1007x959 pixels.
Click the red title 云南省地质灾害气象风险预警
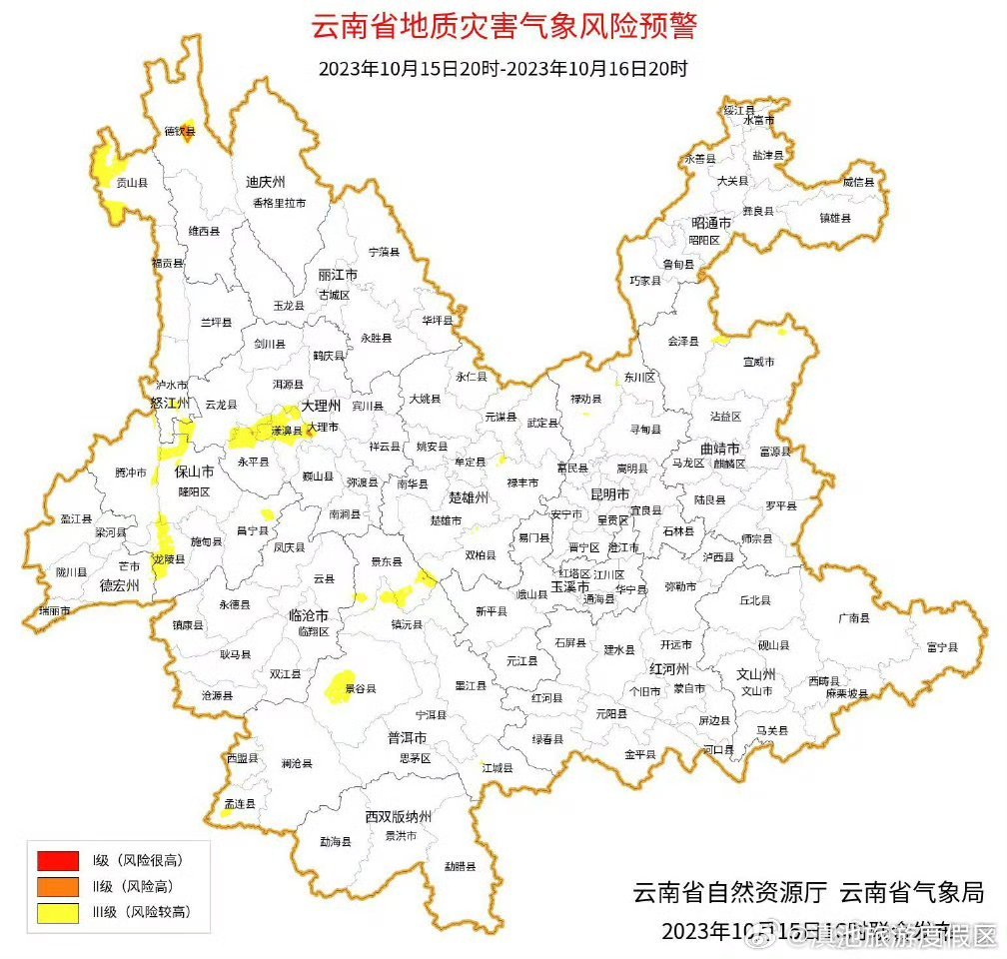(503, 27)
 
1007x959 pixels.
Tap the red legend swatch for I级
(57, 860)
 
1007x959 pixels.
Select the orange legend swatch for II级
(57, 886)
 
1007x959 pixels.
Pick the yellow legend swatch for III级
(57, 912)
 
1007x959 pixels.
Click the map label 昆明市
(609, 494)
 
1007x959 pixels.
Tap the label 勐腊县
(460, 866)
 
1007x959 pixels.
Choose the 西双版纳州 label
(398, 817)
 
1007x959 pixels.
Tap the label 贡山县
(132, 183)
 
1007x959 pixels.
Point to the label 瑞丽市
(54, 610)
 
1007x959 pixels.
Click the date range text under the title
(503, 70)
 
